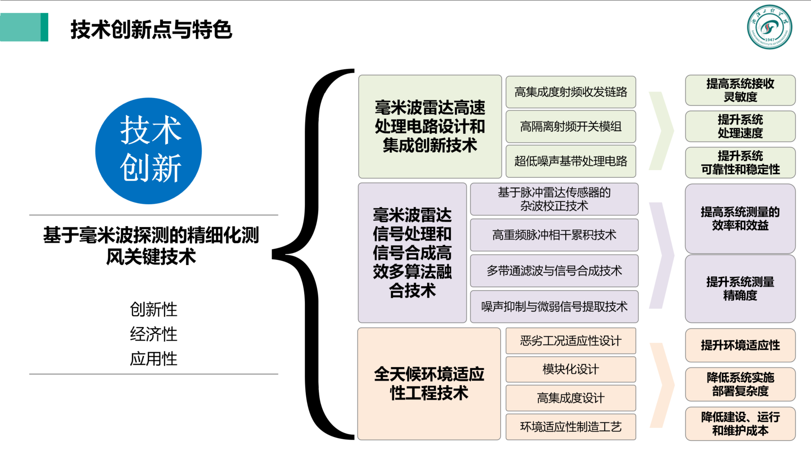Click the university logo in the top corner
[769, 27]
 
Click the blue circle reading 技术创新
[149, 151]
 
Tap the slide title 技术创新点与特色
[151, 30]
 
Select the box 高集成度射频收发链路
[571, 92]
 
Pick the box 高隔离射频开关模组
[571, 127]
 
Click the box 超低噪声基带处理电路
[571, 161]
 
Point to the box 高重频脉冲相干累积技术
[554, 235]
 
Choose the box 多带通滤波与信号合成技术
[554, 271]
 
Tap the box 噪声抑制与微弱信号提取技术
[554, 307]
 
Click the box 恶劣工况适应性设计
[571, 341]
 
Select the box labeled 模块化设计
[571, 370]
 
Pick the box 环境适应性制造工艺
[571, 427]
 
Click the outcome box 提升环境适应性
[740, 346]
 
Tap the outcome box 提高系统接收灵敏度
[740, 90]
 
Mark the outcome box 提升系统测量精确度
[740, 289]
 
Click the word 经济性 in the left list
[153, 334]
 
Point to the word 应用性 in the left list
[153, 359]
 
